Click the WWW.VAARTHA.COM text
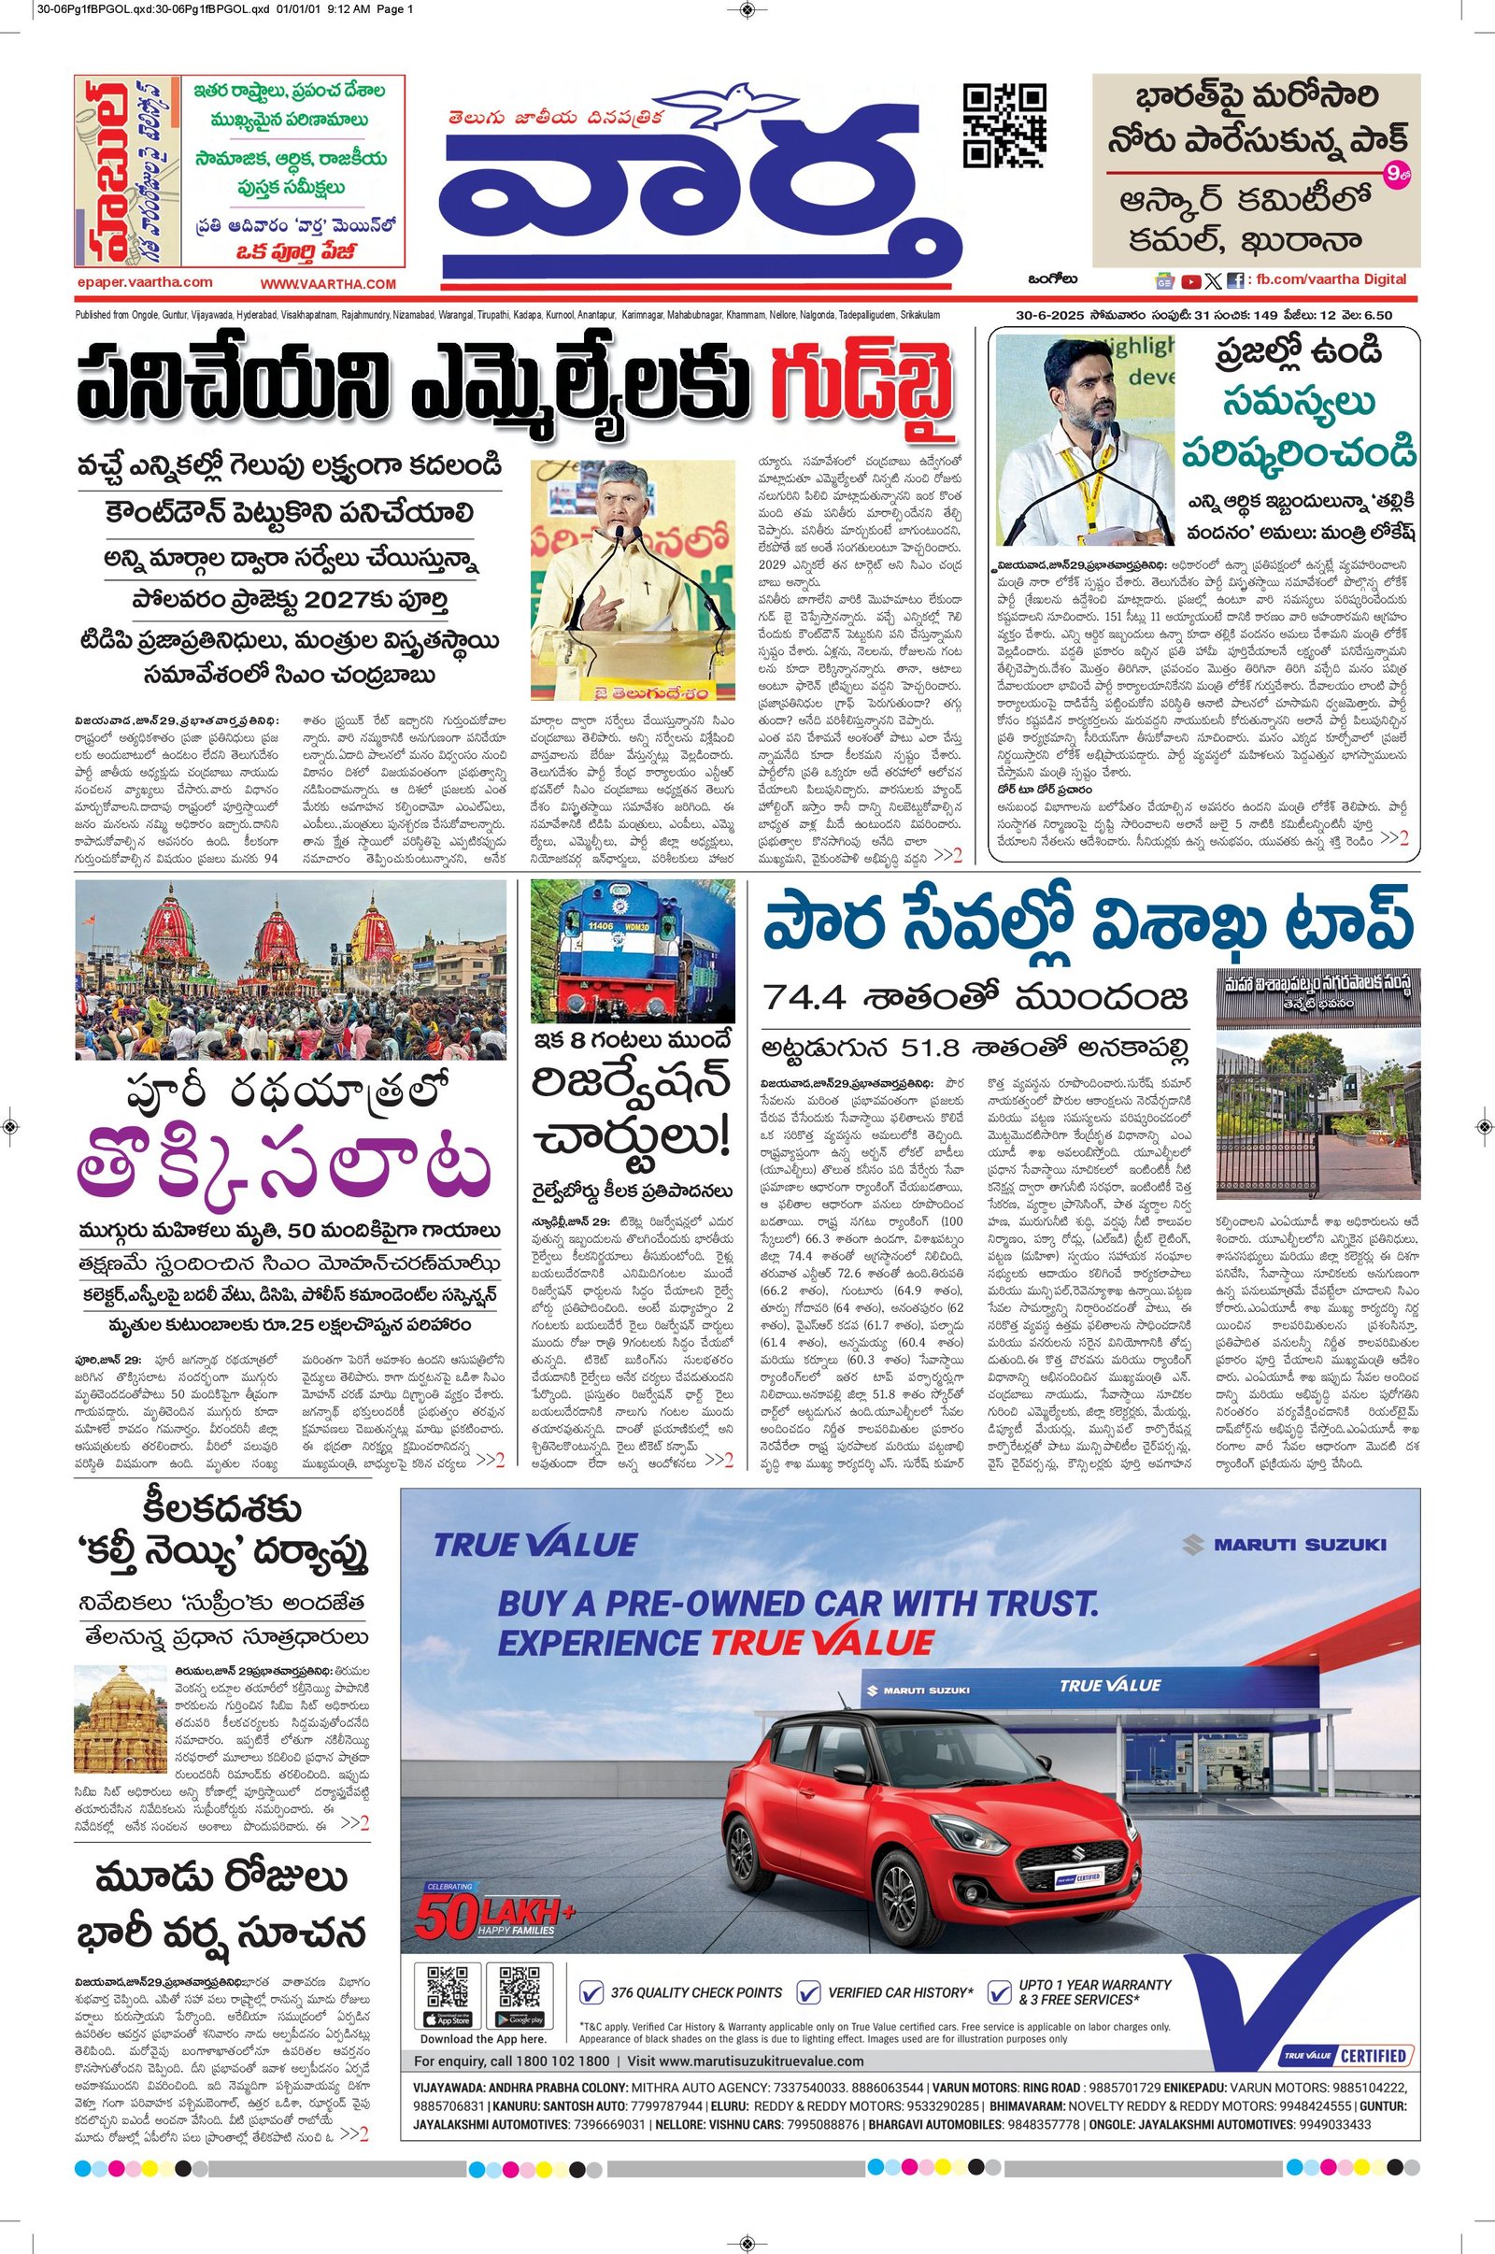point(327,284)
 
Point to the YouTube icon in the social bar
point(1190,281)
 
